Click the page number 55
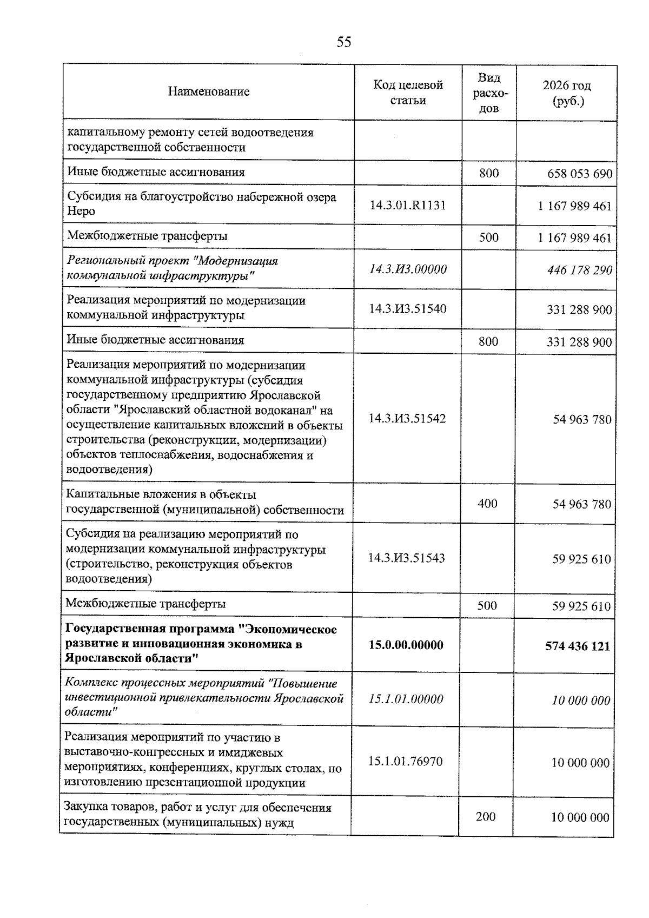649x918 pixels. pos(343,42)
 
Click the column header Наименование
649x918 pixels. pos(209,92)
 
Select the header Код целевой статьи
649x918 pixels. pos(408,93)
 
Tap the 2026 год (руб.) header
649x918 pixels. pos(566,93)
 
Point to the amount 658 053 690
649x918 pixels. pos(579,174)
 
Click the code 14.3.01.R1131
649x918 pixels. pos(408,206)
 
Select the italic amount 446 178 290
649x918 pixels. pos(579,270)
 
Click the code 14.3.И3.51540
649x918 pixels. pos(408,309)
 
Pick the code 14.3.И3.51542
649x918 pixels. pos(407,419)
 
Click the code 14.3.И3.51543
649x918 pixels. pos(407,558)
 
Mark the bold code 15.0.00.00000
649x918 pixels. pos(406,645)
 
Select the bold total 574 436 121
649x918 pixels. pos(577,646)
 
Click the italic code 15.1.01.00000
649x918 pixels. pos(406,699)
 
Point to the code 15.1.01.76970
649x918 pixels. pos(405,762)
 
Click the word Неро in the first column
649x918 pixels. pos(81,212)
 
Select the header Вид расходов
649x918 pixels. pos(489,93)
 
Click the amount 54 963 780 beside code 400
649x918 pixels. pos(581,505)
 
